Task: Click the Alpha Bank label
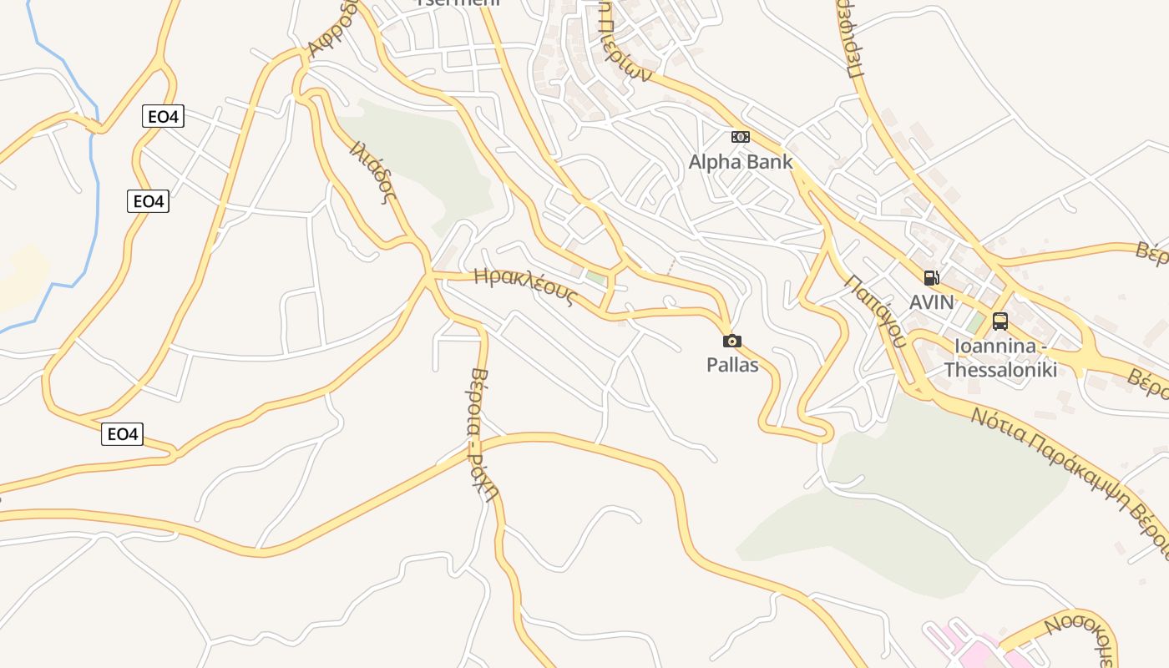740,162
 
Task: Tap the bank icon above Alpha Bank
740,137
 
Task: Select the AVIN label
931,301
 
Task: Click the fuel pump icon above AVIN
931,278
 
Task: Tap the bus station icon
999,321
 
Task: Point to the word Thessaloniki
1000,369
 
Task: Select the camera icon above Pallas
731,341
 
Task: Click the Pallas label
732,365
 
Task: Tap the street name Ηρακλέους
525,286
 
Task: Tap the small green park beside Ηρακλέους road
595,276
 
